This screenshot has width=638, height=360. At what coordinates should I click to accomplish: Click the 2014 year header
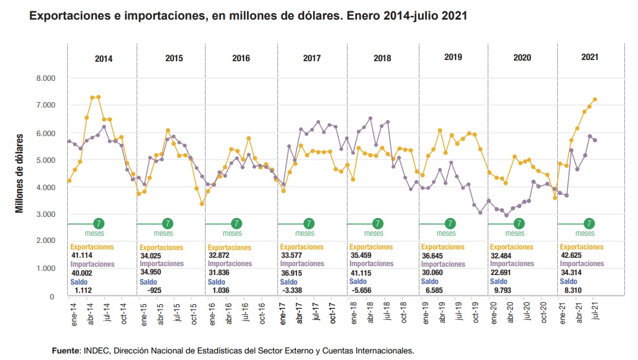click(x=103, y=59)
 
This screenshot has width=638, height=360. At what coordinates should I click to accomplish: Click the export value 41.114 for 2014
click(x=82, y=255)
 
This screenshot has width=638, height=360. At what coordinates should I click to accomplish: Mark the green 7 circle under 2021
click(x=589, y=224)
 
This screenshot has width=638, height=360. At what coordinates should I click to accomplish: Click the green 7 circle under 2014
click(x=99, y=224)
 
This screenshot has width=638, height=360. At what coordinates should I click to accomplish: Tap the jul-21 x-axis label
click(x=596, y=311)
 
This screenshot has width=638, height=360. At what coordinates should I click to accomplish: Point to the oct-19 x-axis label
click(x=476, y=311)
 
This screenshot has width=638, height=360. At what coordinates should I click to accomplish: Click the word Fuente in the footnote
click(x=66, y=351)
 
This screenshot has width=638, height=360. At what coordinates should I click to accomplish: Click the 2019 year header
click(x=453, y=58)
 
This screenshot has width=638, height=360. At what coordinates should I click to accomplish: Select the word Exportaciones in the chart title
click(x=67, y=17)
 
